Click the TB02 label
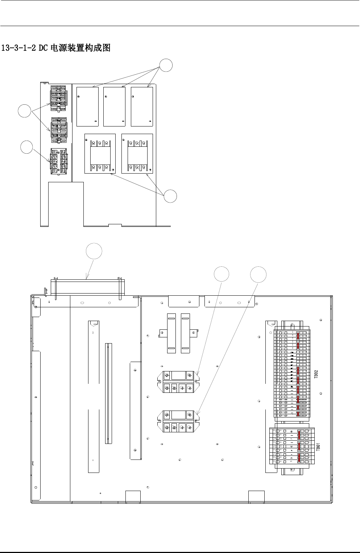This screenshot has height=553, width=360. pos(316,374)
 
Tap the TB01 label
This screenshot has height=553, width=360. pos(318,446)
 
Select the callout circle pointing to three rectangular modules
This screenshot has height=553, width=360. pos(166,66)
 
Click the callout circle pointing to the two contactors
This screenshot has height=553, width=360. pos(170,196)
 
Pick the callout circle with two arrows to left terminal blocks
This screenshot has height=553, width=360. pos(25,111)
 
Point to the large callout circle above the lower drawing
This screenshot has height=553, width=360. pos(94,251)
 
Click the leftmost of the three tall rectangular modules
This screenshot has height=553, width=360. pos(88,107)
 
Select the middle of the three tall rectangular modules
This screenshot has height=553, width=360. pos(115,107)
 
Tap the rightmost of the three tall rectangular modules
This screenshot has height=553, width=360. pos(142,107)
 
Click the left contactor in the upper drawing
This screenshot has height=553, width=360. pos(100,154)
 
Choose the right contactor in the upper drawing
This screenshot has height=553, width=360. pos(137,154)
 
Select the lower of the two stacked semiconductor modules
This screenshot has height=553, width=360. pos(178,421)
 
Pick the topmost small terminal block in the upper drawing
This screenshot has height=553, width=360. pos(58,95)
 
